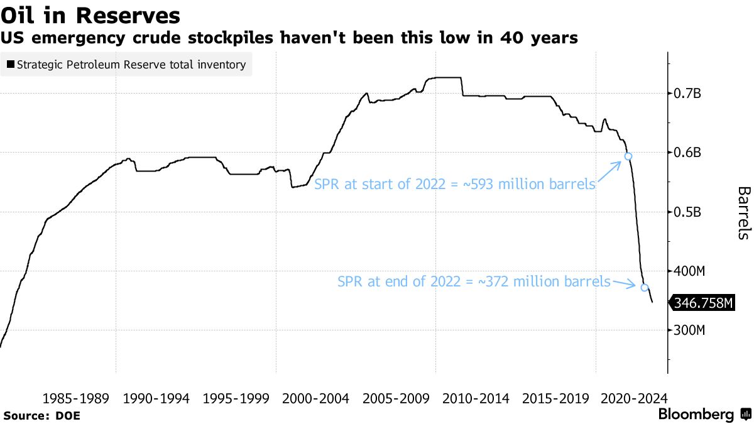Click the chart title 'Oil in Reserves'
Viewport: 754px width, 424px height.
pos(90,15)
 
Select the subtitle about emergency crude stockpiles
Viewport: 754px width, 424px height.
pos(289,38)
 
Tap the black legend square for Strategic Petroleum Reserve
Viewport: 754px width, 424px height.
pos(10,65)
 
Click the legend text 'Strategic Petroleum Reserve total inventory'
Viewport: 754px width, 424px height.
pos(131,65)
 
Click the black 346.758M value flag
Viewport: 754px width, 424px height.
pos(702,303)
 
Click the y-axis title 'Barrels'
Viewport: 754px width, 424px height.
pos(743,212)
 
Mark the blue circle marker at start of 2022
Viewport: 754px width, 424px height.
pos(627,156)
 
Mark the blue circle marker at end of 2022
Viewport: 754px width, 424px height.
pos(644,287)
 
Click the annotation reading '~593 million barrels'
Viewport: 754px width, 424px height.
pos(454,185)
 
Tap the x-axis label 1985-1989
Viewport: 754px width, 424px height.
pos(76,398)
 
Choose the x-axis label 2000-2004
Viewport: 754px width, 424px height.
pos(315,398)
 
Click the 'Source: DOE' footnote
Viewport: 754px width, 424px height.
pos(41,415)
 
